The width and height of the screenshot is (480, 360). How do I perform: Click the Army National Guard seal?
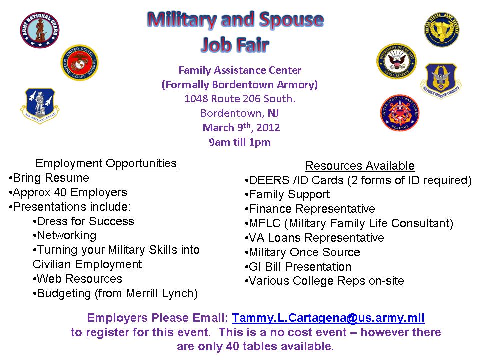click(x=40, y=30)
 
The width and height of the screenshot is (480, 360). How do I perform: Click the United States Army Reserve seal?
click(x=441, y=30)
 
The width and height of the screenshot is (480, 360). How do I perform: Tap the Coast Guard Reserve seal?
click(x=399, y=112)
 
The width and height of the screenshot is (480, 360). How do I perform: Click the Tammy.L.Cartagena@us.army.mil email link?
click(x=328, y=318)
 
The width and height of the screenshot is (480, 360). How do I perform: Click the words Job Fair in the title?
click(x=235, y=45)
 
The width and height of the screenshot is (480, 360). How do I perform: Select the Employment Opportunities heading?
click(x=106, y=163)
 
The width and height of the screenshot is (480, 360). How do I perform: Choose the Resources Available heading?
click(x=360, y=166)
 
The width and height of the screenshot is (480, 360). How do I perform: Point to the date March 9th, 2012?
click(x=241, y=128)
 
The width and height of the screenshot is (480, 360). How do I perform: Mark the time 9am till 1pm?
click(x=240, y=142)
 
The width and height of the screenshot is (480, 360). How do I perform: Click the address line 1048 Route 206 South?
click(x=240, y=99)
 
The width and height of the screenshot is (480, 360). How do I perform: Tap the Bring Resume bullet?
click(x=50, y=178)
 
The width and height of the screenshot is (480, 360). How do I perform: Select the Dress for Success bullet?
click(x=84, y=221)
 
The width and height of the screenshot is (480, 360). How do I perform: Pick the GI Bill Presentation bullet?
click(x=299, y=267)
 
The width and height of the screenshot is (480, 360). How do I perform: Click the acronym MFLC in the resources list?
click(x=263, y=223)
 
